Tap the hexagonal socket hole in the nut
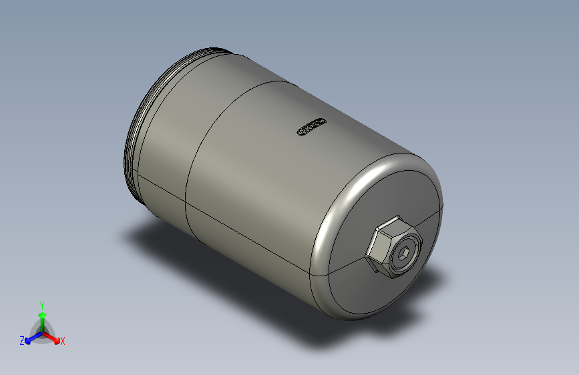click(x=403, y=253)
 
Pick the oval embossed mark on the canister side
click(x=311, y=127)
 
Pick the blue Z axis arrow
click(x=29, y=338)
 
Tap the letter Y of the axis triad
click(x=42, y=304)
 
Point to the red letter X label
click(x=63, y=341)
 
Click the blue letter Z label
click(x=22, y=341)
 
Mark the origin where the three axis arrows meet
click(x=42, y=332)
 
